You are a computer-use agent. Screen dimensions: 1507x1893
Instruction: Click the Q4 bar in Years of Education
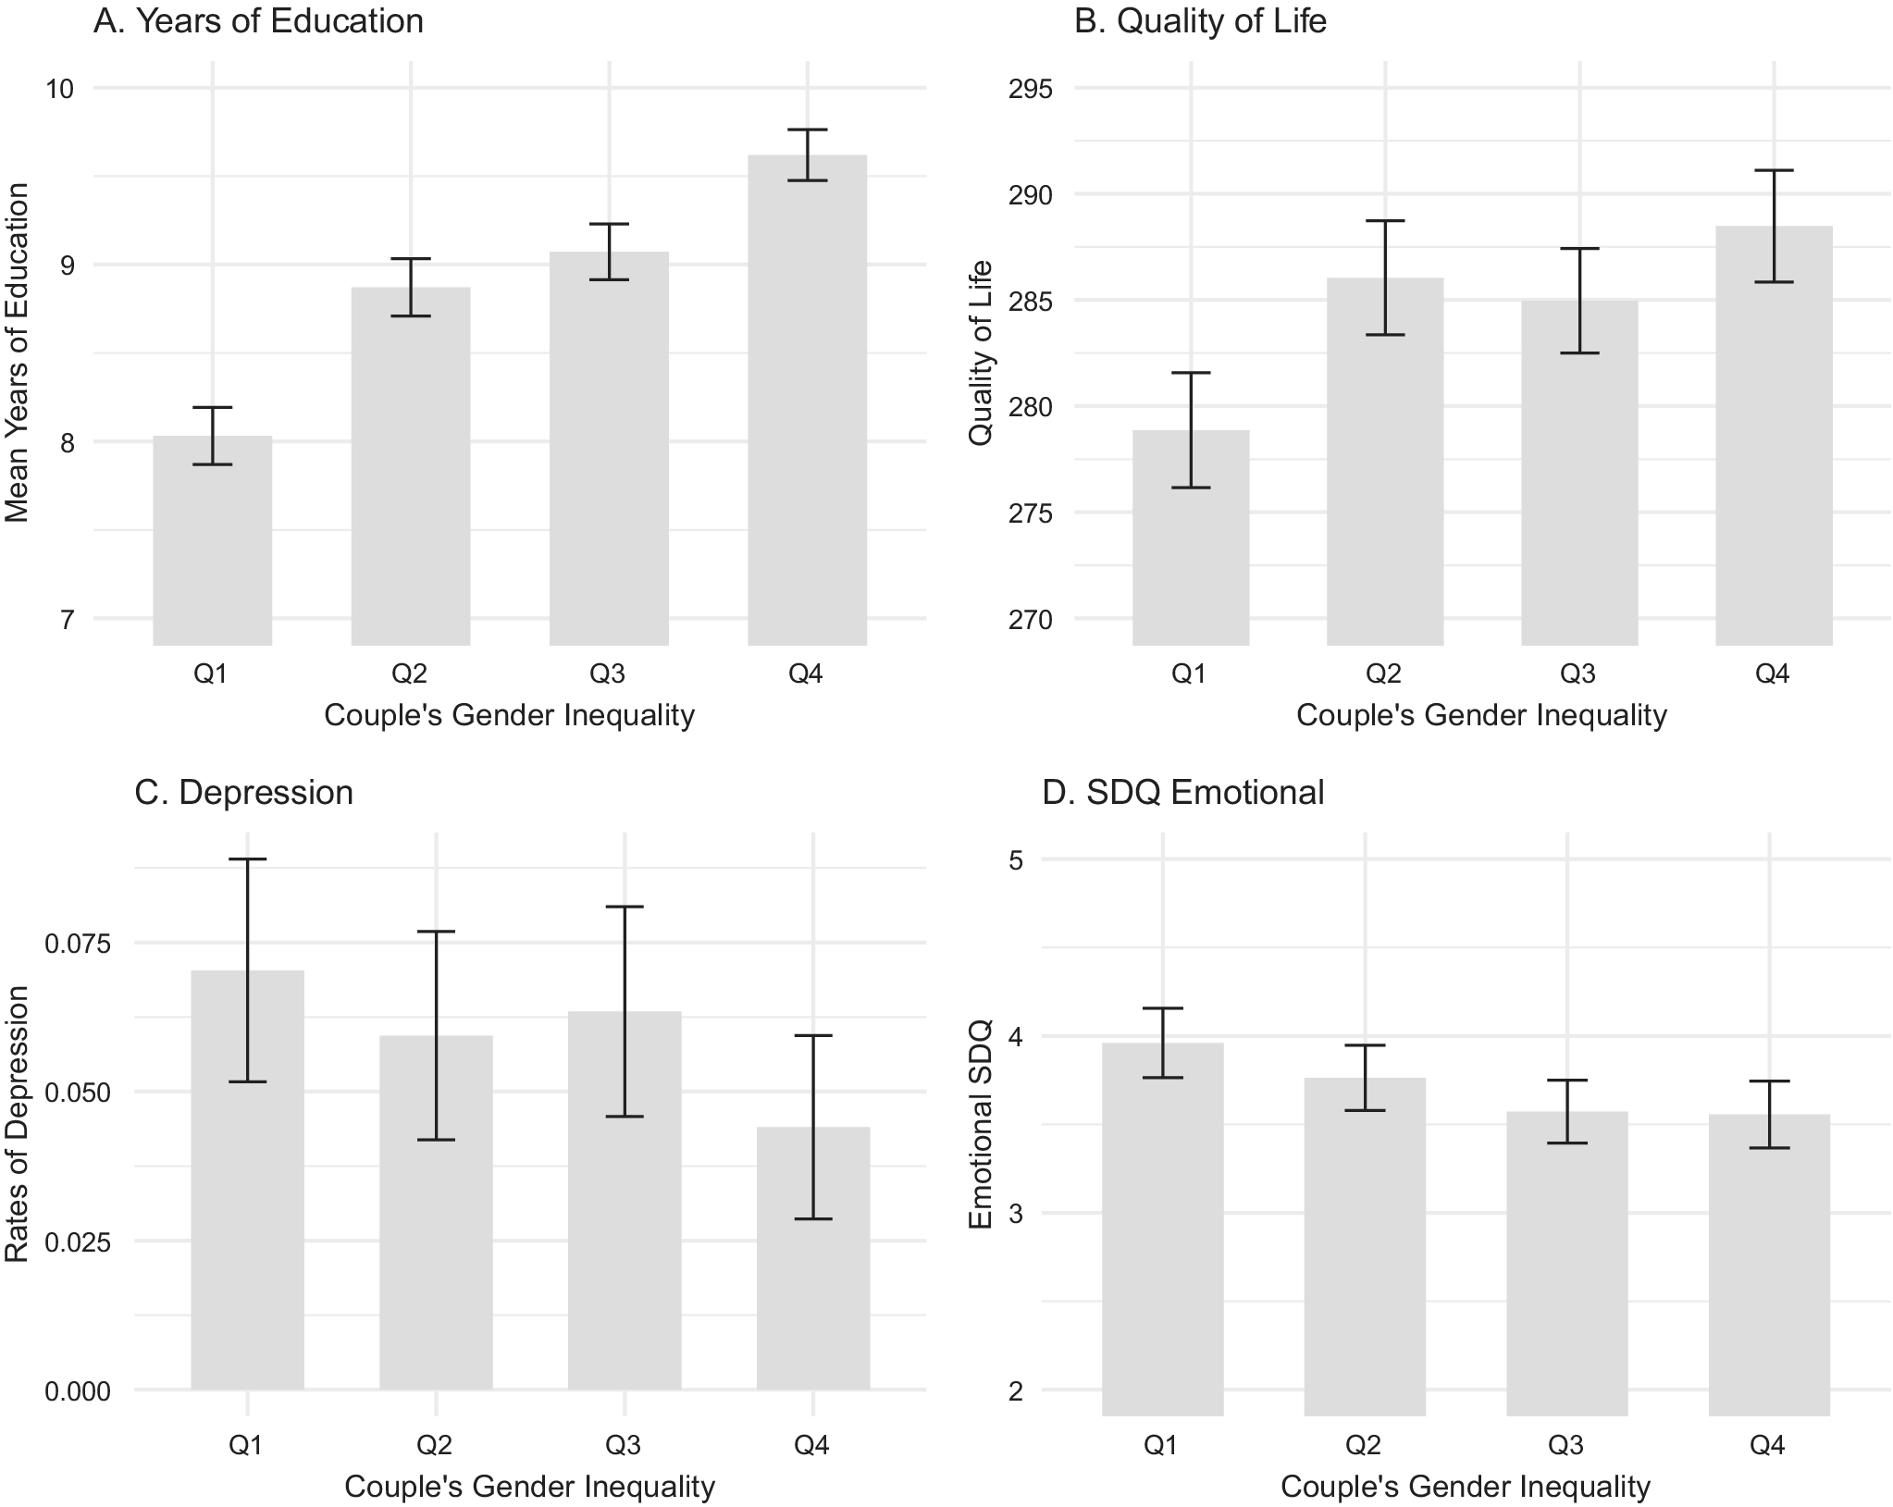click(x=807, y=416)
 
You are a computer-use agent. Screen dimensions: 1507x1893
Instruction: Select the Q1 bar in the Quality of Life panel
click(x=1190, y=546)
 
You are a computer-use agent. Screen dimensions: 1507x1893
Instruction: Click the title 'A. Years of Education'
click(x=258, y=21)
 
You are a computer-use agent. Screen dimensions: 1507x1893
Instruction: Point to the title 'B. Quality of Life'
click(x=1200, y=21)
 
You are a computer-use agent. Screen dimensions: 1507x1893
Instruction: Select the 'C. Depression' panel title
click(x=243, y=793)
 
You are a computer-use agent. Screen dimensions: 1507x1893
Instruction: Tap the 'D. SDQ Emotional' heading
click(x=1183, y=793)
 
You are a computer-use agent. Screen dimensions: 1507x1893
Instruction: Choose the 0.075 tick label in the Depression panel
click(x=77, y=944)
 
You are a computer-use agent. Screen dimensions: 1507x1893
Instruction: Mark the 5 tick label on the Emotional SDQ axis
click(x=1016, y=859)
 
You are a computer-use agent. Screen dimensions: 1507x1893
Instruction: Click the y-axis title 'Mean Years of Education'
click(x=18, y=352)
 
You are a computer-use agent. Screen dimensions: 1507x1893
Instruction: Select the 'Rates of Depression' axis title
click(x=18, y=1123)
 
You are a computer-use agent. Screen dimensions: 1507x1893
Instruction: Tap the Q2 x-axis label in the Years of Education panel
click(x=410, y=673)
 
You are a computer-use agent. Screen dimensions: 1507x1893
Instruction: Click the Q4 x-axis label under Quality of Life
click(x=1773, y=673)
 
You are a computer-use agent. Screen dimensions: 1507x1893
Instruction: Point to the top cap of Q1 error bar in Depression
click(x=247, y=859)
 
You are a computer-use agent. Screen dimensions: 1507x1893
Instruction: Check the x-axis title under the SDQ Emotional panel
click(x=1466, y=1487)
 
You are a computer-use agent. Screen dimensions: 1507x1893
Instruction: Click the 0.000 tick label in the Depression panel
click(x=77, y=1390)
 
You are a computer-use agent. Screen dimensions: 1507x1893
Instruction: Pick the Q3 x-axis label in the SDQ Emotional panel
click(x=1565, y=1444)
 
